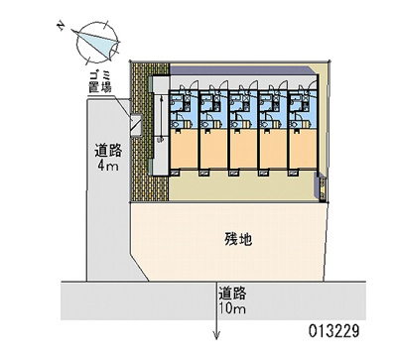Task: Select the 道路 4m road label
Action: (x=109, y=159)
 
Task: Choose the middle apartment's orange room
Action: (x=243, y=148)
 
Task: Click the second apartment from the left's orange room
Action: (x=213, y=148)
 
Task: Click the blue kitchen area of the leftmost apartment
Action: (x=184, y=104)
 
